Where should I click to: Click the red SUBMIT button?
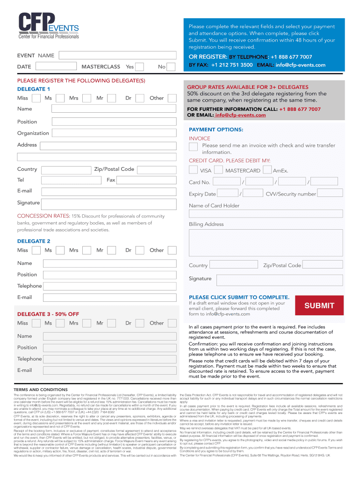pos(320,306)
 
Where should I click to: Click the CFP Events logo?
pos(49,26)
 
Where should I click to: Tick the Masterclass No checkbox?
pos(172,67)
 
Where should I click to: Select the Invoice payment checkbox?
pos(193,146)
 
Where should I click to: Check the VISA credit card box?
pos(193,170)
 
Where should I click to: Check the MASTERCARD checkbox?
pos(218,170)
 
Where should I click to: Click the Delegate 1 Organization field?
pos(114,133)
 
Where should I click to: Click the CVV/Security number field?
pos(330,193)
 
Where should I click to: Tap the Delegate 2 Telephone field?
pos(110,286)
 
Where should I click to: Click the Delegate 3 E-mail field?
pos(110,370)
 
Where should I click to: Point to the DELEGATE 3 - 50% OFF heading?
pos(48,314)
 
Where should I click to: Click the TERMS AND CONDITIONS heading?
pos(41,390)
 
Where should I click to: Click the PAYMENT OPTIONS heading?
pos(216,130)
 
